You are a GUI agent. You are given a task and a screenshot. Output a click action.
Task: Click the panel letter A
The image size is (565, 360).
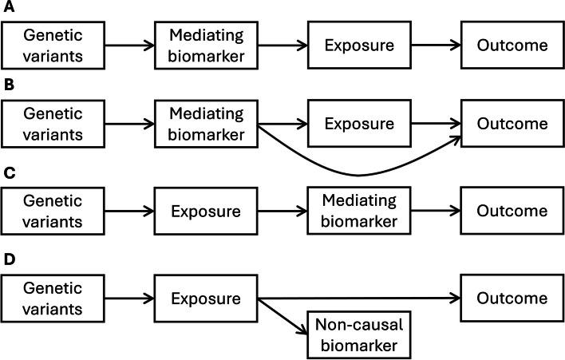point(8,10)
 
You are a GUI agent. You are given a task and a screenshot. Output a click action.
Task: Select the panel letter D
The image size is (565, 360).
point(8,260)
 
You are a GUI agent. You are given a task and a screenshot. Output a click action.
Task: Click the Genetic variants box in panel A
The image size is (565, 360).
point(53,45)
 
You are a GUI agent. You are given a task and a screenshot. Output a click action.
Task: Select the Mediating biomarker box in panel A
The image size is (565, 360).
point(207,45)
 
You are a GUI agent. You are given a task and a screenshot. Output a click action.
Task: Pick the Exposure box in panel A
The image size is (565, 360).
point(359,45)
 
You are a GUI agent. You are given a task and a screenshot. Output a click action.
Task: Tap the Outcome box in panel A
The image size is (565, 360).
point(512,45)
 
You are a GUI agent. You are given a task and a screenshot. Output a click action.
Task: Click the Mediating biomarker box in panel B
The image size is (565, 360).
point(207,125)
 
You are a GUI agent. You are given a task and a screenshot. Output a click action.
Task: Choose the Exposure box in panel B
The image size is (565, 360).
point(359,125)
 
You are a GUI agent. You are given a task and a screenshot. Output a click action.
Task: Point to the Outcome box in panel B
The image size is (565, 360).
point(512,125)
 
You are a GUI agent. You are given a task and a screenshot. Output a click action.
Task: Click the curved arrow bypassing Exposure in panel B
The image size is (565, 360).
point(359,174)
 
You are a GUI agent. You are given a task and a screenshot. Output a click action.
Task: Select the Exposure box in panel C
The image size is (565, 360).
point(207,212)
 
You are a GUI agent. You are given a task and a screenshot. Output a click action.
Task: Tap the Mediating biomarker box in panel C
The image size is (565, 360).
point(359,212)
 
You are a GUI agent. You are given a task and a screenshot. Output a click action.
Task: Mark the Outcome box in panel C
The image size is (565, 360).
point(512,212)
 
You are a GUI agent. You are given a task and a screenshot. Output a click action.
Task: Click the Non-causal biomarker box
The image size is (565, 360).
point(359,335)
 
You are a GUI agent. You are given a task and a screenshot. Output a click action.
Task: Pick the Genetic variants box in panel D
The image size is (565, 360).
point(53,299)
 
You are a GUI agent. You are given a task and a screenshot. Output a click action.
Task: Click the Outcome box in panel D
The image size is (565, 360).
point(512,299)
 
